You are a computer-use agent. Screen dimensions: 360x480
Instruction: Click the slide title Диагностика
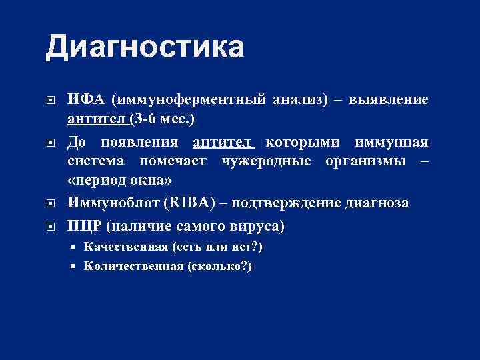click(145, 48)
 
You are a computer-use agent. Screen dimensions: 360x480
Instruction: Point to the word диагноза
click(377, 203)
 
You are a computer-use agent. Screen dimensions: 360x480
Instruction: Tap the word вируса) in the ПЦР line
click(260, 226)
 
